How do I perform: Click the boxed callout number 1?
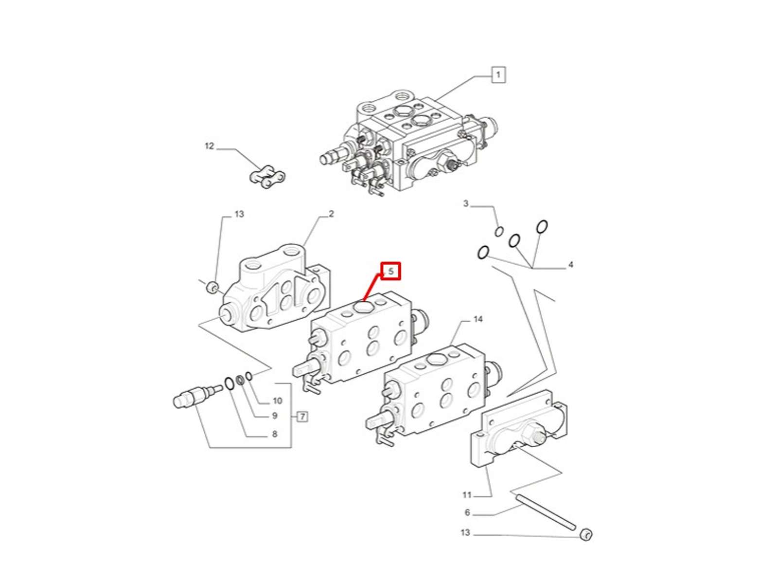point(498,75)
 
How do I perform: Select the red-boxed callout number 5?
point(390,271)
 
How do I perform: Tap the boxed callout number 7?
point(302,417)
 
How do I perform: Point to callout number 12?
point(210,146)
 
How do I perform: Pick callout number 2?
point(331,214)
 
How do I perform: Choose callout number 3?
point(466,203)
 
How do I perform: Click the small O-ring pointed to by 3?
point(499,232)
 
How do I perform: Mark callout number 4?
point(571,265)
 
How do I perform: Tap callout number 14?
point(478,319)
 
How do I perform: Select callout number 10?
point(278,401)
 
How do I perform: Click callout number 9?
point(275,415)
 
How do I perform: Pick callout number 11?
point(467,494)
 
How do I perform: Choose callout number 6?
point(467,512)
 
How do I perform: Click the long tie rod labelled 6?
point(546,513)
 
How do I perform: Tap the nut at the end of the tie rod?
point(586,535)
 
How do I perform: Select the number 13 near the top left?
point(239,214)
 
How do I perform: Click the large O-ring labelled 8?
point(229,383)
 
